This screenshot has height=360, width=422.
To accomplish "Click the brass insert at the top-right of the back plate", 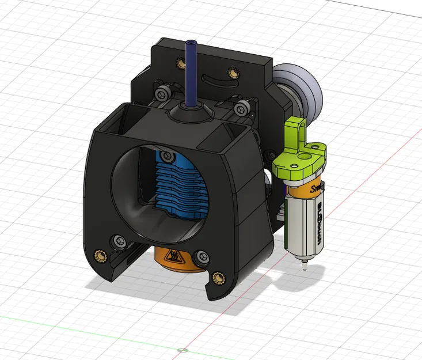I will click(x=233, y=73).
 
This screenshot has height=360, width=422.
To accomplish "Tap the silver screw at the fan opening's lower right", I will click(x=201, y=257).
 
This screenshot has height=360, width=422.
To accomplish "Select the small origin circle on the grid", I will click(x=183, y=350).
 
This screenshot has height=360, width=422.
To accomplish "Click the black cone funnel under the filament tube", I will click(x=191, y=113).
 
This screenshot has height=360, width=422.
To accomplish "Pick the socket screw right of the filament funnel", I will click(x=244, y=107).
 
